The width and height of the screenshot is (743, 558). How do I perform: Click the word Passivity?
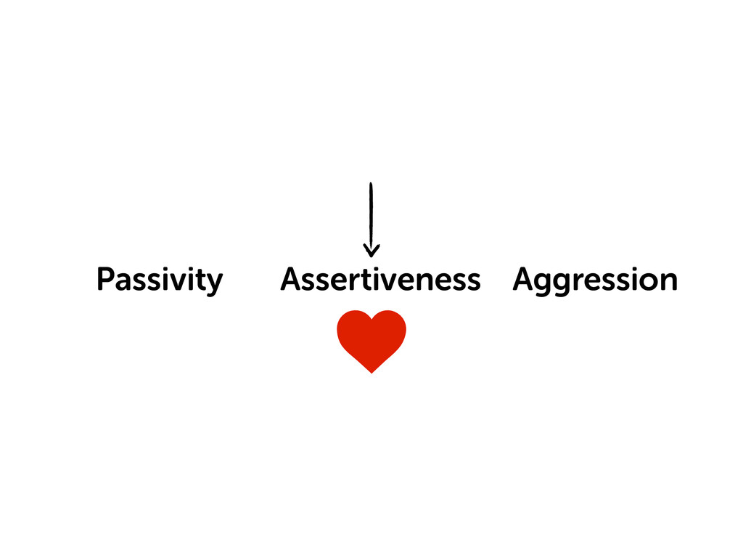159,280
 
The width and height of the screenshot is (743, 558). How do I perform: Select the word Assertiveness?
380,280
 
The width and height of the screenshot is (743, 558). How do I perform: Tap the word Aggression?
595,280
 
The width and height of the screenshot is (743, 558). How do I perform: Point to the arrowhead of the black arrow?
371,252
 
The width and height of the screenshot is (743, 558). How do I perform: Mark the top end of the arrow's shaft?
371,185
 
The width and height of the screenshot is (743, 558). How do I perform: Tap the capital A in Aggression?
524,279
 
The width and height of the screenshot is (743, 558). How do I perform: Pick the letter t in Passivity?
200,280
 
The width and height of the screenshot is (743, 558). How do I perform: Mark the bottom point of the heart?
371,372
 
